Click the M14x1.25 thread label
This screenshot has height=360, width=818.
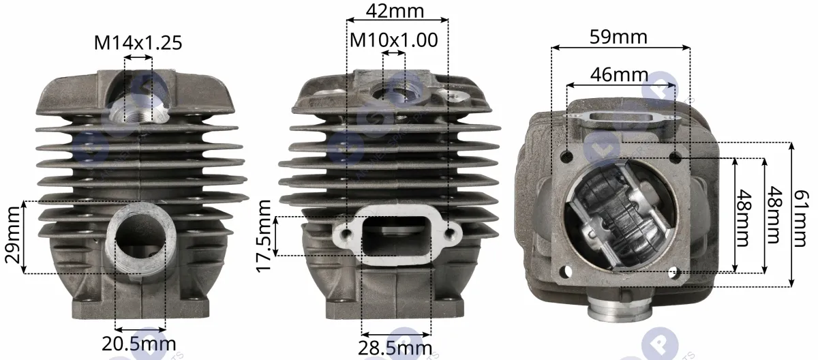click(x=138, y=43)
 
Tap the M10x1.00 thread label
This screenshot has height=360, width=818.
click(x=394, y=40)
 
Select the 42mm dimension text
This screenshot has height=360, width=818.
click(x=395, y=11)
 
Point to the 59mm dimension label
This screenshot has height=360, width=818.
click(x=619, y=37)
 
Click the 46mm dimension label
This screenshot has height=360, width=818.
click(x=620, y=74)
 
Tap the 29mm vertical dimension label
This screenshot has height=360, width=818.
click(x=12, y=235)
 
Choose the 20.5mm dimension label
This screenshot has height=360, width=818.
click(x=139, y=344)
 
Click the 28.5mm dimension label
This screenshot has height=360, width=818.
click(x=395, y=348)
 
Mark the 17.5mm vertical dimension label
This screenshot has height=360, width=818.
click(x=264, y=236)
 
